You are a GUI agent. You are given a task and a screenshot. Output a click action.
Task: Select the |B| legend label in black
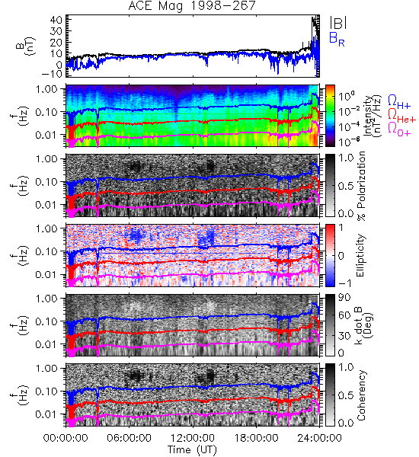pos(338,22)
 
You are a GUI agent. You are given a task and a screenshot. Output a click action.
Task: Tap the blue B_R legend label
pos(337,39)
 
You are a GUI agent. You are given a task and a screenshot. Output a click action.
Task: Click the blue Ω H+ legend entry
pos(399,102)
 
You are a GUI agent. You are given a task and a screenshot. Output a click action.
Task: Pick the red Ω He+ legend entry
pos(401,116)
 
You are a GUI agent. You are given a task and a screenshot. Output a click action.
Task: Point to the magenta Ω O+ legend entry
pos(399,129)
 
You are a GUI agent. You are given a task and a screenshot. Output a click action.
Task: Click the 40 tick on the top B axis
pos(56,21)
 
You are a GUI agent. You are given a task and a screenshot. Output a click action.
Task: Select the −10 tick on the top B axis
pos(52,74)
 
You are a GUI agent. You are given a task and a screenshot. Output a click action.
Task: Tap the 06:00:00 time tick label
pos(129,438)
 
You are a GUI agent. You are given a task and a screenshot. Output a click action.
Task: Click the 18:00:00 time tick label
pos(256,438)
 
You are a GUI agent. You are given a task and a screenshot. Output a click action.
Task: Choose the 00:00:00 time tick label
pos(66,438)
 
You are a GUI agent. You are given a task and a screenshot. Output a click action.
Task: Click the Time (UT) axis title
pos(192,449)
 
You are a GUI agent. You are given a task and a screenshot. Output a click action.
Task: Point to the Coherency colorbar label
pos(361,395)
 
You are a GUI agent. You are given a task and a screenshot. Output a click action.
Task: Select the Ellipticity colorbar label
pos(360,256)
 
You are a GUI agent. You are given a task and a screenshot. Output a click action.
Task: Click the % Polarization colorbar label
pos(361,186)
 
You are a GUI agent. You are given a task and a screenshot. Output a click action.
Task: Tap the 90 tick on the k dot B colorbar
pos(344,298)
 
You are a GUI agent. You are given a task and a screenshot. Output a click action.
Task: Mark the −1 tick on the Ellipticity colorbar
pos(344,283)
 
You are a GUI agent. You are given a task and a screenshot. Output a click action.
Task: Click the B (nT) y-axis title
pos(26,46)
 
